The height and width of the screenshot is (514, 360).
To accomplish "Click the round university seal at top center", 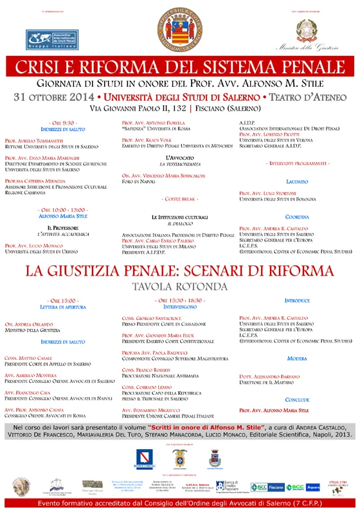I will (180, 30).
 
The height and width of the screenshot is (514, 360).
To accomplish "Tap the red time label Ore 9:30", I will (62, 123).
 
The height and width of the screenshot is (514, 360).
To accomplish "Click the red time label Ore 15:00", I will (62, 301).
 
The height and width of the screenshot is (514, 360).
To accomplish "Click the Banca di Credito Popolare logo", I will (230, 487).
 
